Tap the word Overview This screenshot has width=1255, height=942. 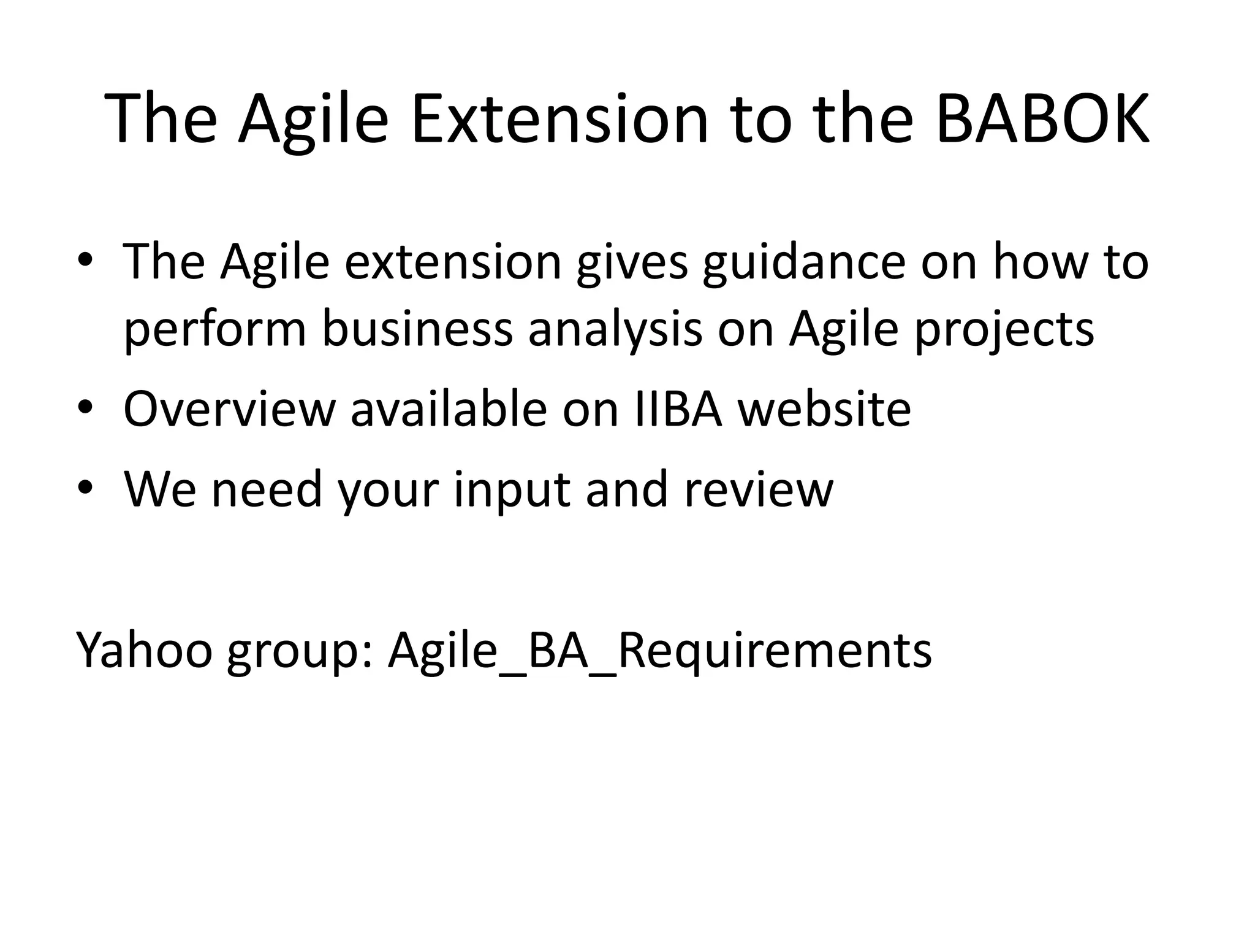pyautogui.click(x=229, y=409)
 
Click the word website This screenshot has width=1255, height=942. pyautogui.click(x=824, y=409)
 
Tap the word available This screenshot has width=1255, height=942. pyautogui.click(x=449, y=409)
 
